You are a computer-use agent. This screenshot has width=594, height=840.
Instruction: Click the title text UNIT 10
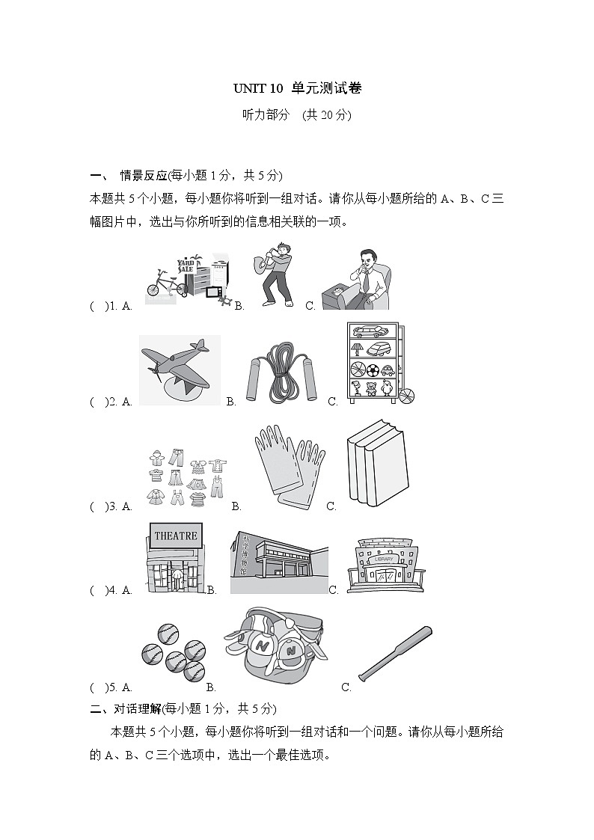pos(258,88)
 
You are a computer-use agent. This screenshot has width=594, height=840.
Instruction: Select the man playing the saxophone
pos(276,275)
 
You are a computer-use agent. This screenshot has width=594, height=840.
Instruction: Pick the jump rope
pos(282,371)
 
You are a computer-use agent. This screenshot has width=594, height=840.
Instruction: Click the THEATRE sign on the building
pos(175,536)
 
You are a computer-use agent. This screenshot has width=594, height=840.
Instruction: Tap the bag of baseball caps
pos(275,648)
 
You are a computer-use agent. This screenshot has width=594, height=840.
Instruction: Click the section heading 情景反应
pos(143,176)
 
